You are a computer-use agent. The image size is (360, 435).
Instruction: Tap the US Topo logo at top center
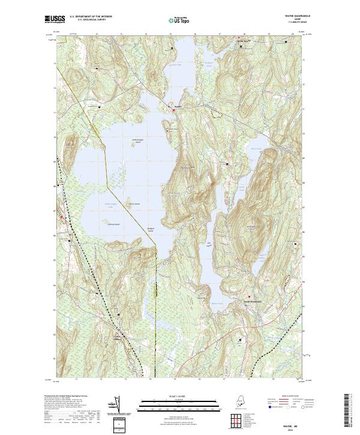click(x=179, y=20)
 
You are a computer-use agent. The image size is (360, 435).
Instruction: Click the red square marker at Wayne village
click(x=175, y=110)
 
